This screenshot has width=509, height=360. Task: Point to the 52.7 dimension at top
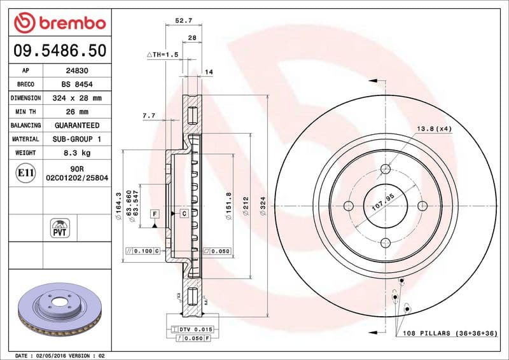[x=183, y=21]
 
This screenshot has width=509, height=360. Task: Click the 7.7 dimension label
[x=148, y=116]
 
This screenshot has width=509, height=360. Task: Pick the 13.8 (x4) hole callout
[x=434, y=128]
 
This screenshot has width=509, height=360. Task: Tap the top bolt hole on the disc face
[x=385, y=169]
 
